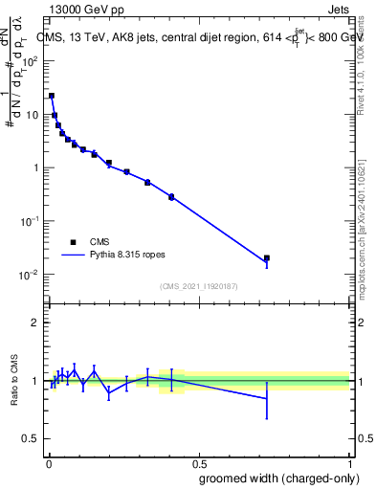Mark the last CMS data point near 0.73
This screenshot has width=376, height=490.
(267, 258)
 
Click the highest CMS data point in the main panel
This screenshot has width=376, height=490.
(51, 96)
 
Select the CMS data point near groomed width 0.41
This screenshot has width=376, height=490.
(171, 196)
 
